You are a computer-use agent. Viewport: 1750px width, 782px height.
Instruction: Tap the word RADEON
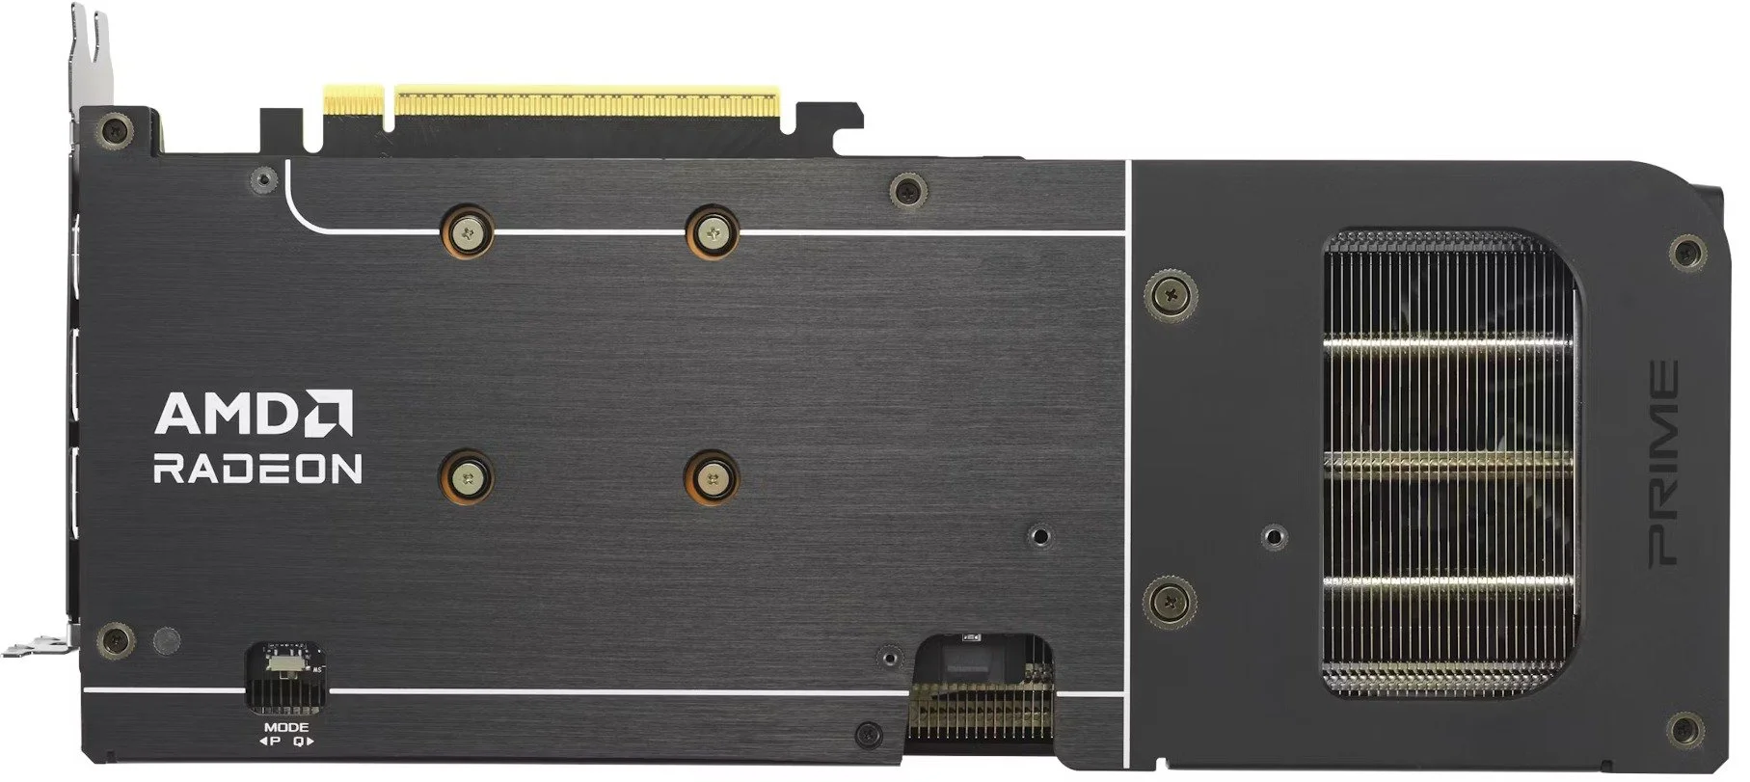[257, 469]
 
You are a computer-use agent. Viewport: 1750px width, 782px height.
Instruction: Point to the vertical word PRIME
[1662, 462]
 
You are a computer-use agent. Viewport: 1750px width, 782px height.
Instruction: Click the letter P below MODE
[276, 742]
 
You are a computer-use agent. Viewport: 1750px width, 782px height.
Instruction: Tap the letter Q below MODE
[298, 742]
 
